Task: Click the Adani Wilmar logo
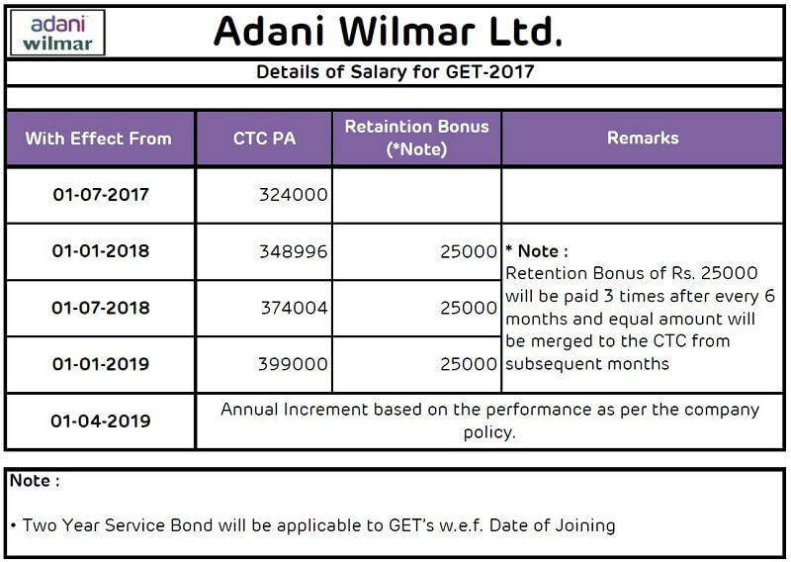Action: point(57,33)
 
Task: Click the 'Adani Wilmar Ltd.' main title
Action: point(388,32)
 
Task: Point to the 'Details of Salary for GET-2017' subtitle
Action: point(395,71)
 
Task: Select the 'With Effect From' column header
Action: point(98,139)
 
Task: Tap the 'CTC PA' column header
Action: point(264,139)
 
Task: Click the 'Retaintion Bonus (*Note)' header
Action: point(416,138)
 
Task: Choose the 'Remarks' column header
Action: point(643,138)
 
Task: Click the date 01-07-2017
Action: point(101,194)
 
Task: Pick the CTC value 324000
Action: point(294,194)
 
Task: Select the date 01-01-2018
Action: point(101,251)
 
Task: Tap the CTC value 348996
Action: point(294,251)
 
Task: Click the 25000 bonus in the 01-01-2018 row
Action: point(469,251)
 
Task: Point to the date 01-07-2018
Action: point(101,308)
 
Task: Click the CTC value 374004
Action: point(294,308)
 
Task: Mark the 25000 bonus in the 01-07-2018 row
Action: point(469,308)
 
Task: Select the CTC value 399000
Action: point(293,363)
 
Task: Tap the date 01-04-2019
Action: point(101,421)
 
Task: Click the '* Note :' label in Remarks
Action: point(537,251)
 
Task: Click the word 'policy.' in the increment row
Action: point(489,432)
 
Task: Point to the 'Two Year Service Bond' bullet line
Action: point(312,525)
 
